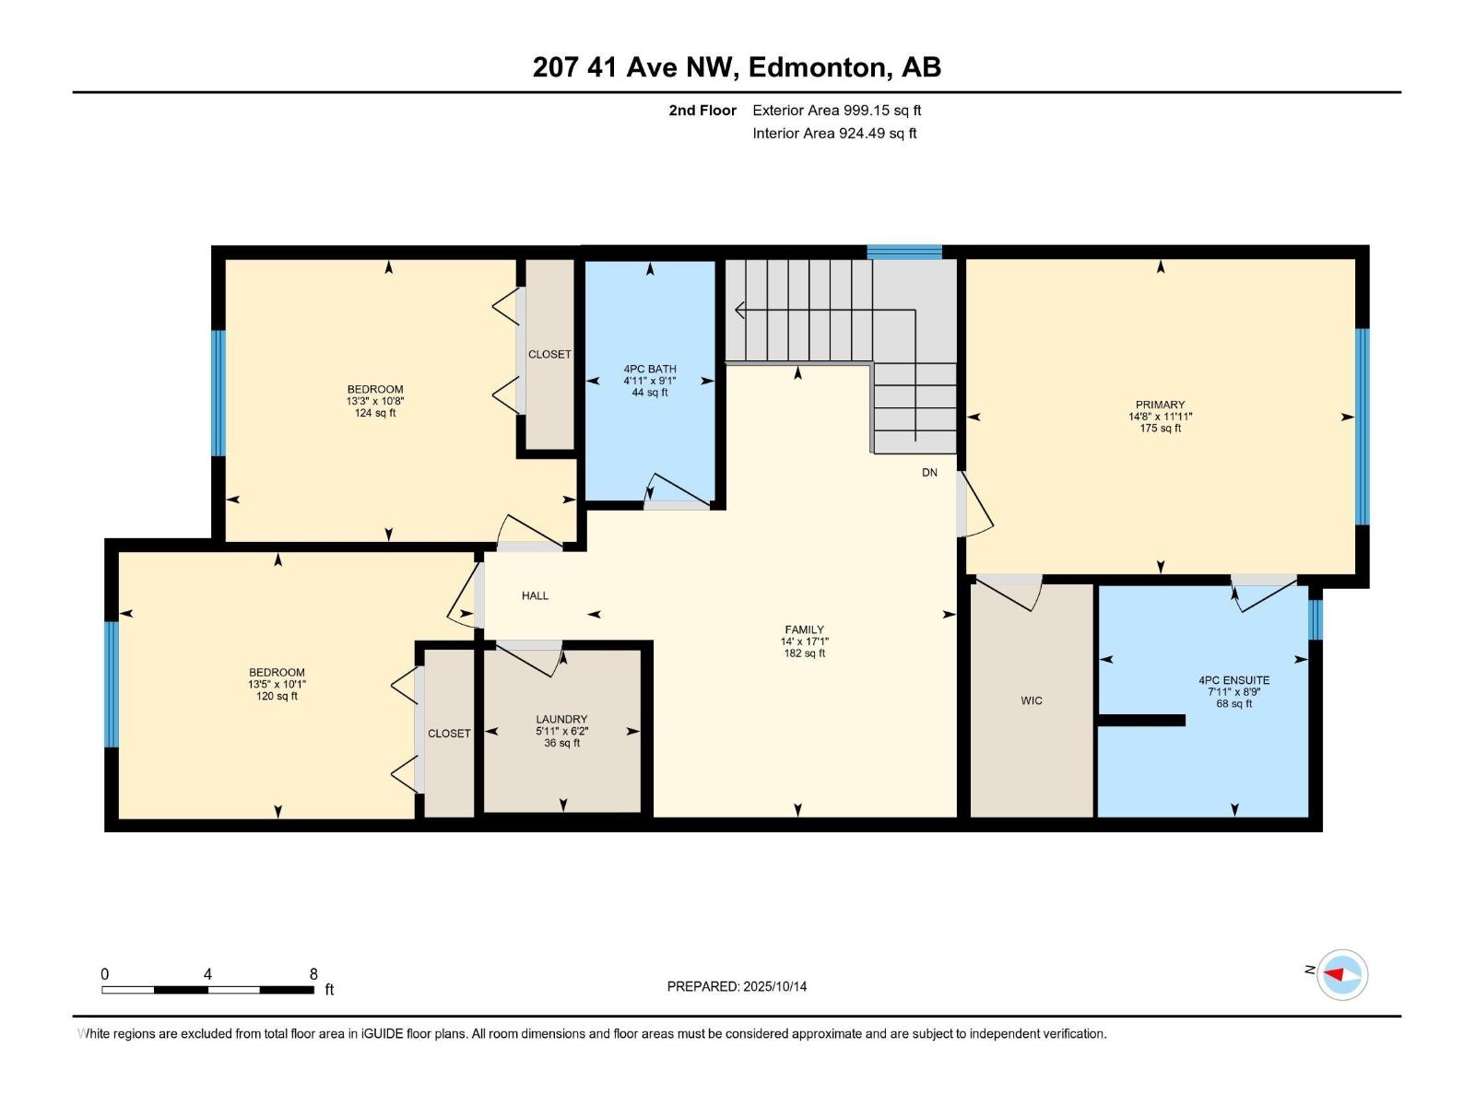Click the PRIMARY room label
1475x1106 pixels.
click(1160, 405)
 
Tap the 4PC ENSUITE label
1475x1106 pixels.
click(1233, 680)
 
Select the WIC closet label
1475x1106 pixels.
click(1032, 700)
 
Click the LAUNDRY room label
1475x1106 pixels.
click(561, 719)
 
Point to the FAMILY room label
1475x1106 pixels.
click(804, 629)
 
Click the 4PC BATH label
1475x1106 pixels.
click(650, 369)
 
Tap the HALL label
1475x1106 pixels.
click(535, 595)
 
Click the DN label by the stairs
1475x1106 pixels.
click(929, 472)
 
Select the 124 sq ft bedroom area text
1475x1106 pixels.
click(375, 413)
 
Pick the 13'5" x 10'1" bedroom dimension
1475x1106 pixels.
click(277, 684)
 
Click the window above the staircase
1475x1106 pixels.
click(904, 252)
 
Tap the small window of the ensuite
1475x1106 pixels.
click(1316, 619)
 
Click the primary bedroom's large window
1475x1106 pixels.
click(1362, 426)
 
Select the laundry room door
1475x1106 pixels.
click(529, 656)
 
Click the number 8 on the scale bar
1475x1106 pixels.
click(313, 974)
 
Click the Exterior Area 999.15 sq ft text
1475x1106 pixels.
click(836, 111)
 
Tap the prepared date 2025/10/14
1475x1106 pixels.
click(774, 986)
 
